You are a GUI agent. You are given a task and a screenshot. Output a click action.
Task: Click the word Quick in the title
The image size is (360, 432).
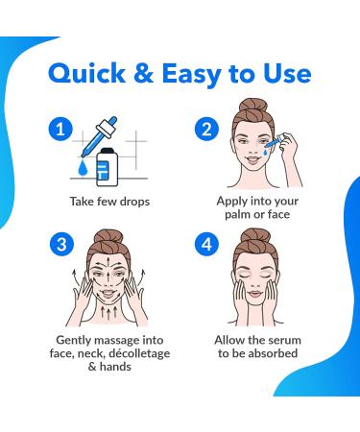click(x=86, y=74)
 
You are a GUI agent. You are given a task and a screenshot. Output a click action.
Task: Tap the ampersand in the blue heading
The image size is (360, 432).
click(x=144, y=74)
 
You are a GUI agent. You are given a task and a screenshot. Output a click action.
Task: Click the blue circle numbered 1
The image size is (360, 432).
click(x=60, y=130)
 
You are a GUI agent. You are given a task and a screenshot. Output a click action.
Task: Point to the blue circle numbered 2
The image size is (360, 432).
click(x=206, y=130)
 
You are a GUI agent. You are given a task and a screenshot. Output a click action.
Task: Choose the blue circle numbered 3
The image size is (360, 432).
click(x=61, y=245)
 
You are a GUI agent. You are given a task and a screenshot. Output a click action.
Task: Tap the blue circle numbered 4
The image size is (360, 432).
click(x=206, y=245)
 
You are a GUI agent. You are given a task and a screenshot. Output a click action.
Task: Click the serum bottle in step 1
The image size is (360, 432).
click(x=108, y=167)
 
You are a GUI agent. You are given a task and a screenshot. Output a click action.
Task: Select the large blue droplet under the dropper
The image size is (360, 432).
click(x=83, y=168)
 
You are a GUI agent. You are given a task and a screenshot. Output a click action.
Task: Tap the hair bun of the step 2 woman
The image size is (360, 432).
click(x=253, y=107)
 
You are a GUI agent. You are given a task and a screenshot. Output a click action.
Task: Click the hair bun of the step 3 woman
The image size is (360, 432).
click(x=108, y=238)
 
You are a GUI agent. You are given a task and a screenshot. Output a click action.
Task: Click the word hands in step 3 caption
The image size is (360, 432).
click(x=115, y=367)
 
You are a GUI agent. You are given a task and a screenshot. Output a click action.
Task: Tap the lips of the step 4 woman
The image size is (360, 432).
click(x=255, y=294)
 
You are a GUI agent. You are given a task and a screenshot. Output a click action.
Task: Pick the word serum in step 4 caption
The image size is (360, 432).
click(x=284, y=340)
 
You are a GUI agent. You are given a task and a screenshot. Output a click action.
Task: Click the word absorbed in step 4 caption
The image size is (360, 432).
click(x=273, y=353)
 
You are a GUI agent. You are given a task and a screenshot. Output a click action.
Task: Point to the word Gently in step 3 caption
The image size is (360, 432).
click(x=73, y=341)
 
